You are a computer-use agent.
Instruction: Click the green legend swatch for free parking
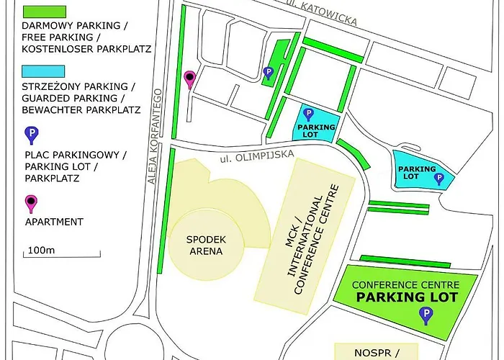point(44,12)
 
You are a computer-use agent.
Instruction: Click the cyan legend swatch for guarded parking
point(44,72)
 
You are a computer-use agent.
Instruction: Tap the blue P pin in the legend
point(31,135)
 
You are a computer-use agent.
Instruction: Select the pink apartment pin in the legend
point(31,203)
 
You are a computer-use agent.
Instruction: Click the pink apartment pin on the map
point(190,79)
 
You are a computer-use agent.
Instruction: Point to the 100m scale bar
point(63,253)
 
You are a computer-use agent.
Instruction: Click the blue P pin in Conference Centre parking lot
point(427,315)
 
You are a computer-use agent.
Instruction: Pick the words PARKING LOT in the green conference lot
point(408,297)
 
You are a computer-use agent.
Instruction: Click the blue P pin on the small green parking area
point(268,72)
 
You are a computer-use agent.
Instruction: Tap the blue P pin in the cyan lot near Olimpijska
point(308,114)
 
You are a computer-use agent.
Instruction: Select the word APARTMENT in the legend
point(53,222)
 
